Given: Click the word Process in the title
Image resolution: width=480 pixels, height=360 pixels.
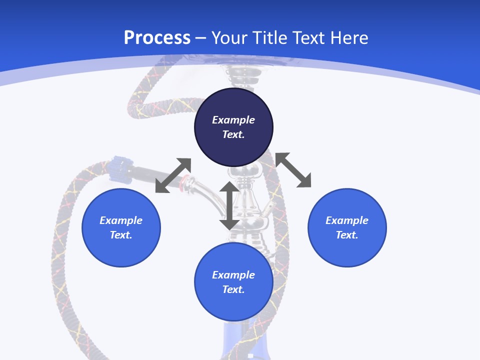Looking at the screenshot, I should tap(157, 38).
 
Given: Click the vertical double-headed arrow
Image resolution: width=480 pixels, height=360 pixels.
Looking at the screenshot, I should tap(229, 205).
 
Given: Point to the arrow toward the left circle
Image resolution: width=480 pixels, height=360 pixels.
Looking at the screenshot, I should tap(173, 175).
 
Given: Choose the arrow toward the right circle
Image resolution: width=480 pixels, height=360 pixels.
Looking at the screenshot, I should tap(293, 170).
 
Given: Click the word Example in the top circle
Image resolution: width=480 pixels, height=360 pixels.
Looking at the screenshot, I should tap(233, 120).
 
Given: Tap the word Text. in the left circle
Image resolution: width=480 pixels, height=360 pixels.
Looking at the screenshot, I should tap(121, 235).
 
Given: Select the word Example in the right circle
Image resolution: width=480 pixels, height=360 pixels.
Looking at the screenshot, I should tap(347, 220).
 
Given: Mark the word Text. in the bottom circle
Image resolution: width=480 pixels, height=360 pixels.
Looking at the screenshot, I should tap(233, 289).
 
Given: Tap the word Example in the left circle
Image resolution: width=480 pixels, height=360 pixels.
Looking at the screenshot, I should tap(121, 220).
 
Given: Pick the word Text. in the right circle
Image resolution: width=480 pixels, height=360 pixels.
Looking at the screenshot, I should tap(347, 235).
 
